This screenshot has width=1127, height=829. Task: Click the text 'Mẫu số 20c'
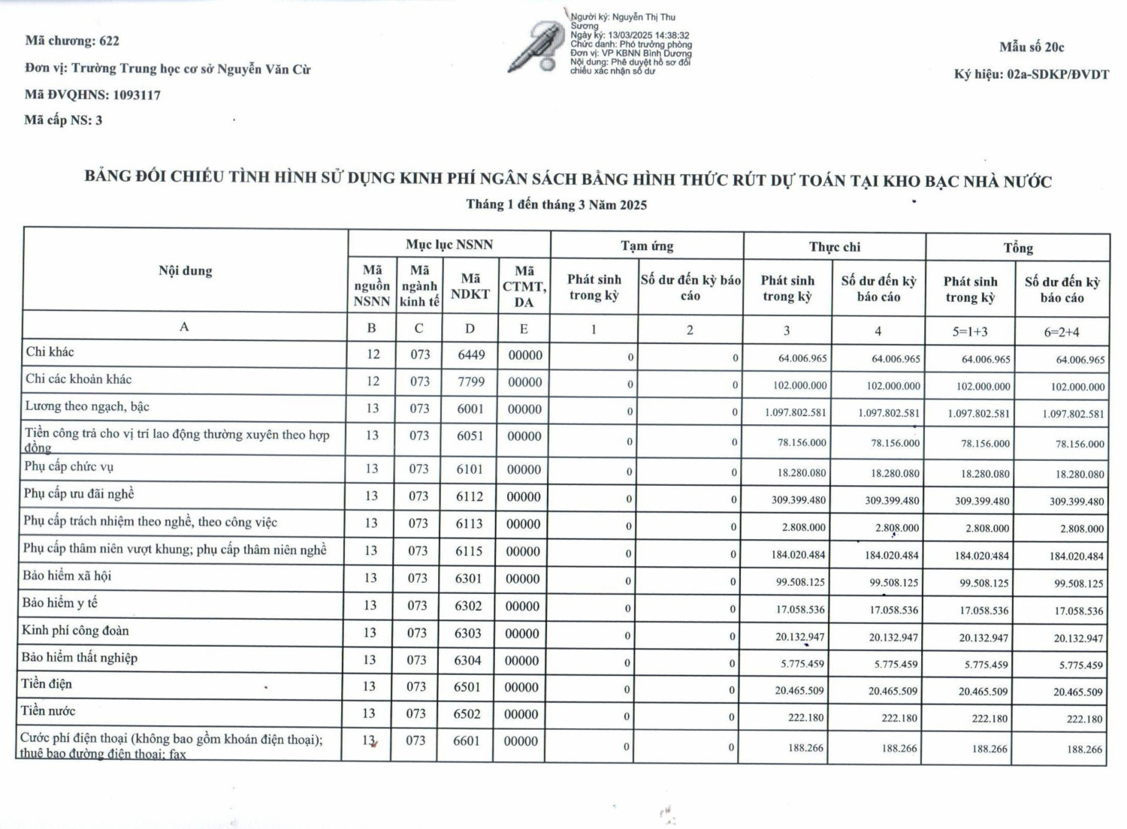tap(1032, 47)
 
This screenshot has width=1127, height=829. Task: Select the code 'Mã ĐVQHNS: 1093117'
tap(92, 95)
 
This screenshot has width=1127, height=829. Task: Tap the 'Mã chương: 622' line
tap(72, 41)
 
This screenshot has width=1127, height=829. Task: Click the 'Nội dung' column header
tap(186, 271)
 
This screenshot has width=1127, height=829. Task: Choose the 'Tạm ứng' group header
tap(647, 246)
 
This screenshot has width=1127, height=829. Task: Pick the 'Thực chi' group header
tap(835, 247)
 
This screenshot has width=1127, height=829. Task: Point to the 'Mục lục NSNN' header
tap(449, 245)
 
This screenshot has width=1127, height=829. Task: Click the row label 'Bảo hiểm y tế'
tap(60, 603)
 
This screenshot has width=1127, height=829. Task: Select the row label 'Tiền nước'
tap(48, 710)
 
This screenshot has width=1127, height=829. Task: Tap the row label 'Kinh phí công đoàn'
tap(75, 630)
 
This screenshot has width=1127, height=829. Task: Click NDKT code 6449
tap(472, 354)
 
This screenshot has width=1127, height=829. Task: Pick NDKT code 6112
tap(470, 496)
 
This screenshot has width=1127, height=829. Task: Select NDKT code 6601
tap(467, 740)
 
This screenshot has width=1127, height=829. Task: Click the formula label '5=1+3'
tap(970, 331)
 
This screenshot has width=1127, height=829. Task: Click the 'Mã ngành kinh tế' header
tap(419, 286)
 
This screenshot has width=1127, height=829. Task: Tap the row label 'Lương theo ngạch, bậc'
tap(87, 406)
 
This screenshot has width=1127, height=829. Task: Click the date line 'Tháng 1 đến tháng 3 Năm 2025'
tap(556, 205)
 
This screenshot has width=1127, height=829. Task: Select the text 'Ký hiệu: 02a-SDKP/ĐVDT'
tap(1032, 74)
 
